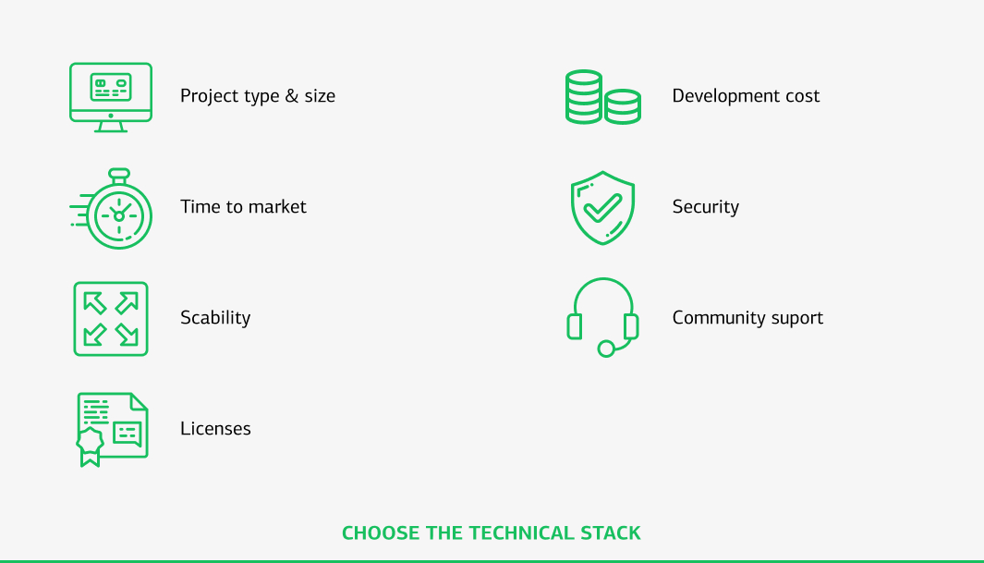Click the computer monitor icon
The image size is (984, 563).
pos(111,96)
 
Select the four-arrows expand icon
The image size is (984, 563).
pos(111,318)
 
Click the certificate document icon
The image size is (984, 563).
pos(112,429)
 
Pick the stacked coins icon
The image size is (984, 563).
pos(602,97)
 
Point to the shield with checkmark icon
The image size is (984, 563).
pos(602,207)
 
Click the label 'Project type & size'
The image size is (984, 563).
pos(258,96)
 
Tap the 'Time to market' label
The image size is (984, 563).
pos(243,207)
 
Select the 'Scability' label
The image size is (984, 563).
pos(215,318)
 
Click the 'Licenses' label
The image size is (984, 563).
pos(215,429)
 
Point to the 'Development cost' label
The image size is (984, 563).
pos(746,96)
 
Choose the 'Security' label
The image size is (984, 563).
pos(705,207)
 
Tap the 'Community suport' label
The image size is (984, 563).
pos(747,318)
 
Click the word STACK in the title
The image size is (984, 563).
pos(610,533)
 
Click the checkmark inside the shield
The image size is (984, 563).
pos(602,206)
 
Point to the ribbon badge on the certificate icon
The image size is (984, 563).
pos(90,446)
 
